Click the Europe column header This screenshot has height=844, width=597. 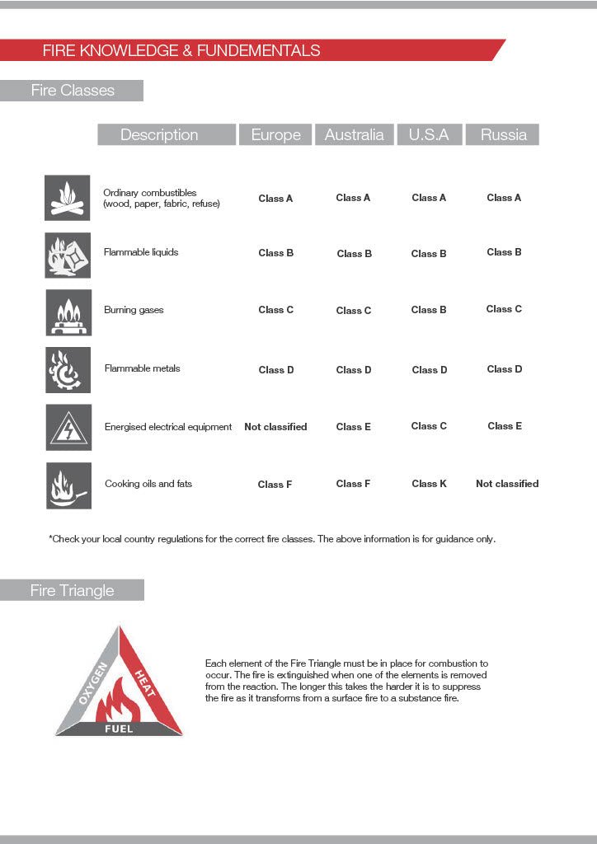point(275,135)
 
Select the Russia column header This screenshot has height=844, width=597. point(503,135)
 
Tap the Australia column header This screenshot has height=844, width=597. point(354,135)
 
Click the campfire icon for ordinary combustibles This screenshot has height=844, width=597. point(68,198)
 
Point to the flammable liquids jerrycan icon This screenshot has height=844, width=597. point(68,255)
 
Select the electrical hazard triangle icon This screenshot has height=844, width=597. point(68,427)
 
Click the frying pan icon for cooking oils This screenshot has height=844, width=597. point(68,485)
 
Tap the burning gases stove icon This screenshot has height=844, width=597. point(68,312)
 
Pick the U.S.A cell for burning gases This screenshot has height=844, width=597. point(429,310)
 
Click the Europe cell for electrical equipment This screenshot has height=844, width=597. point(275,427)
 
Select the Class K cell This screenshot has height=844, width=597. point(429,484)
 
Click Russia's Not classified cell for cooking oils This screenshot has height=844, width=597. point(507,484)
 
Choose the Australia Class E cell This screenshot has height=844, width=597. point(354,427)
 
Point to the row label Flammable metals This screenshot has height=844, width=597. point(142,368)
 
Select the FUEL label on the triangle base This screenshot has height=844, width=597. point(119,729)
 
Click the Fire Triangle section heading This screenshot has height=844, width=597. point(73,591)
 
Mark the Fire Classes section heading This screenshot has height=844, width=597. point(73,91)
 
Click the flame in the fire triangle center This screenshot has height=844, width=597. point(120,701)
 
